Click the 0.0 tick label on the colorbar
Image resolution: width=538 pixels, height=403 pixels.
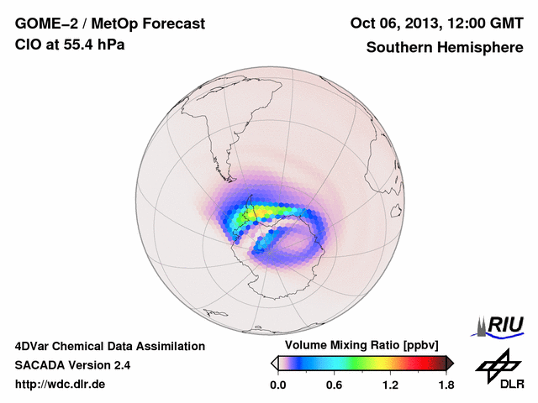tap(278, 385)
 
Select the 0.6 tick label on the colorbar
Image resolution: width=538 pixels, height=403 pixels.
tap(334, 385)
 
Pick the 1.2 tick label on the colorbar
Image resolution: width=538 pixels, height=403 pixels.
tap(390, 385)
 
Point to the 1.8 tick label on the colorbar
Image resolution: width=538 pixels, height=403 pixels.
tap(446, 385)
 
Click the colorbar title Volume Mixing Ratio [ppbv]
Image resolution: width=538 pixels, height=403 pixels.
tap(358, 346)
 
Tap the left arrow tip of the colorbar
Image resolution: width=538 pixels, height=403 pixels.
tap(274, 363)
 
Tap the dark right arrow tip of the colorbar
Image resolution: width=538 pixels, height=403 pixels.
tap(450, 363)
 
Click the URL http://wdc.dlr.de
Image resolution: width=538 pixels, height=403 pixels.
tap(61, 385)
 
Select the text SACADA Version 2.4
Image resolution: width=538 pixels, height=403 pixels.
tap(72, 365)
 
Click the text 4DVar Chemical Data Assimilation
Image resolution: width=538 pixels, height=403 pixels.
tap(109, 346)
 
